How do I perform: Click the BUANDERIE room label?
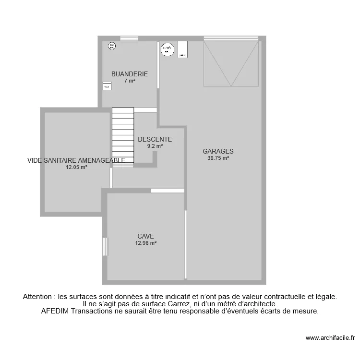tap(130, 74)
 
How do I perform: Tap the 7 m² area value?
tap(130, 81)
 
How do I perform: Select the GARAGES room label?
tap(218, 151)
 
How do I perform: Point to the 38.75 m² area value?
tap(218, 158)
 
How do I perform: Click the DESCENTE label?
tap(155, 140)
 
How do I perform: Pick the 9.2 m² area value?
tap(155, 146)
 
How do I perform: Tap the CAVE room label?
tap(145, 236)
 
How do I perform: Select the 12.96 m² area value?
tap(145, 243)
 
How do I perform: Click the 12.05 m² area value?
tap(76, 168)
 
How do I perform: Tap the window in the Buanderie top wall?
tap(129, 39)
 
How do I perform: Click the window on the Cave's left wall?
tap(105, 247)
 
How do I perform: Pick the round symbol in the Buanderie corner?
tap(112, 46)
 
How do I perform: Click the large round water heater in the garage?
tap(167, 49)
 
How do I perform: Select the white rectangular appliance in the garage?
tap(182, 49)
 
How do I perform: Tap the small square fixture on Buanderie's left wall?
tap(107, 86)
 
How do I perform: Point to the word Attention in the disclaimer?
tap(38, 297)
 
